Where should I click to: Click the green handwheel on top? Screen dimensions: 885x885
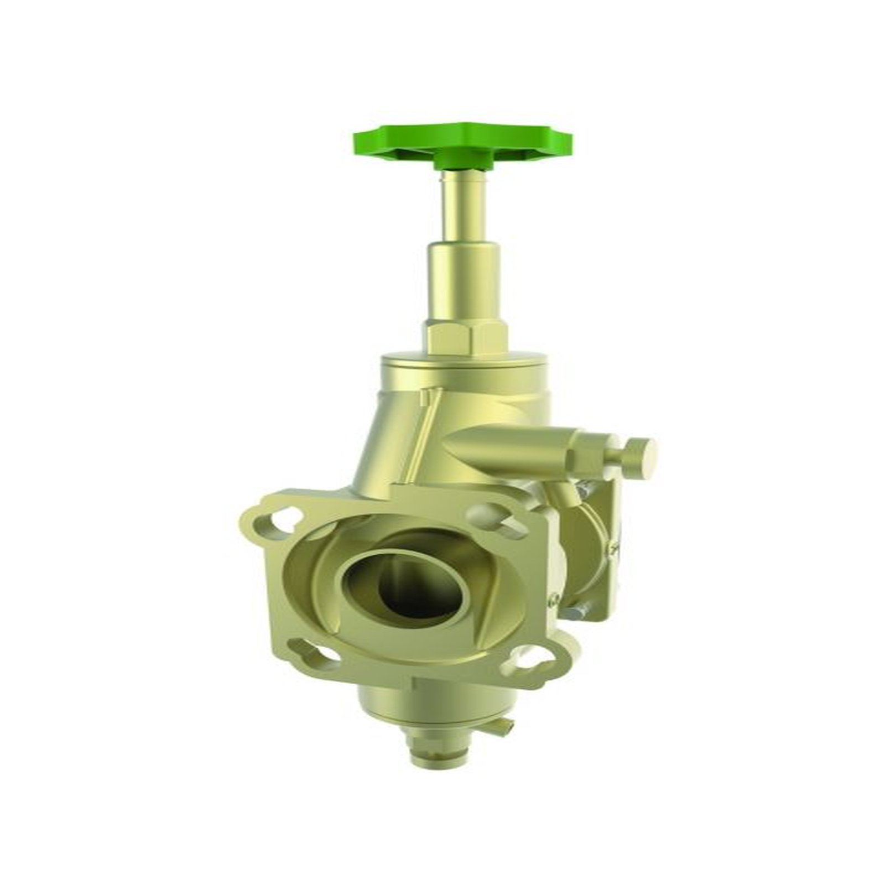[x=464, y=139]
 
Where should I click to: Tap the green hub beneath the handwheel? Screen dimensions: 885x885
[x=464, y=160]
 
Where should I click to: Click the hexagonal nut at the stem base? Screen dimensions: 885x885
[x=465, y=339]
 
